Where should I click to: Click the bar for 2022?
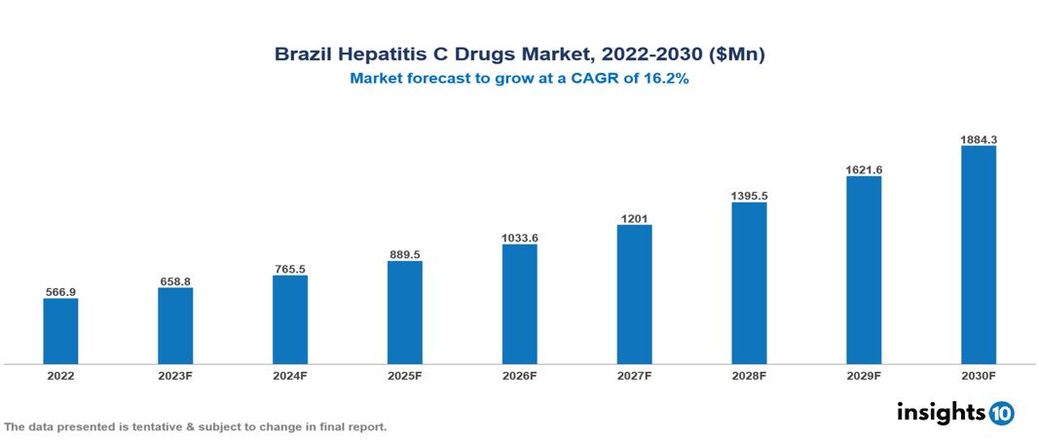[60, 331]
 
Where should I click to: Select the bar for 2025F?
[405, 313]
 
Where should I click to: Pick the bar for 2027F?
[634, 295]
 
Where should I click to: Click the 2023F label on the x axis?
[175, 375]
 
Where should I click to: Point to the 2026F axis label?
[519, 375]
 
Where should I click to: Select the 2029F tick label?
[864, 375]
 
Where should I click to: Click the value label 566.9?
[60, 291]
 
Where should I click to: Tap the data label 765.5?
[290, 269]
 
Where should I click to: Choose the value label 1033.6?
[519, 238]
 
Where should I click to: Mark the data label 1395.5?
[749, 196]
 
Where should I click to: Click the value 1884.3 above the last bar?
[979, 139]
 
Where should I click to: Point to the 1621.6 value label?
[864, 169]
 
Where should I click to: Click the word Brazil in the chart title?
[305, 55]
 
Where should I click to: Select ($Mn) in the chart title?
[738, 55]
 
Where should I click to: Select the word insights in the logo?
[941, 412]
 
